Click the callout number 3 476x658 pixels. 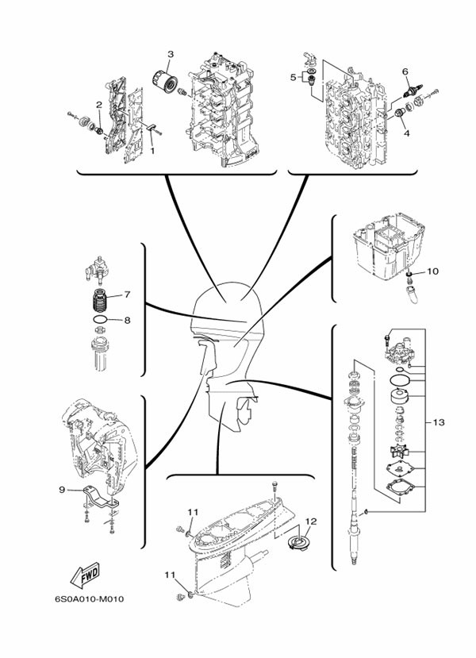[x=171, y=54]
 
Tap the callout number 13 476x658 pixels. [x=438, y=422]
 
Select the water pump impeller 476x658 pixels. [x=399, y=453]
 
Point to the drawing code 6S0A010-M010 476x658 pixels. [x=90, y=598]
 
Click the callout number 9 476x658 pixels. [x=62, y=489]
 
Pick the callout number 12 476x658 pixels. [x=311, y=521]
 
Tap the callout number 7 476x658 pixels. [x=127, y=294]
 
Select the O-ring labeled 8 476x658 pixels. [x=100, y=319]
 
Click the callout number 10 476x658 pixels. [x=433, y=271]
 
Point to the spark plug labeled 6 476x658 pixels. [x=413, y=91]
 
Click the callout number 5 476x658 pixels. [x=294, y=77]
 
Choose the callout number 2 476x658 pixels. [x=99, y=105]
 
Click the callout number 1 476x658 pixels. [x=152, y=150]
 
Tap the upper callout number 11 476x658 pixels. [x=193, y=512]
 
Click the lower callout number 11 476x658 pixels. [x=170, y=575]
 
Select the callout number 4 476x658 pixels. [x=406, y=133]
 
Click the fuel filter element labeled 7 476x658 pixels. [x=99, y=300]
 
